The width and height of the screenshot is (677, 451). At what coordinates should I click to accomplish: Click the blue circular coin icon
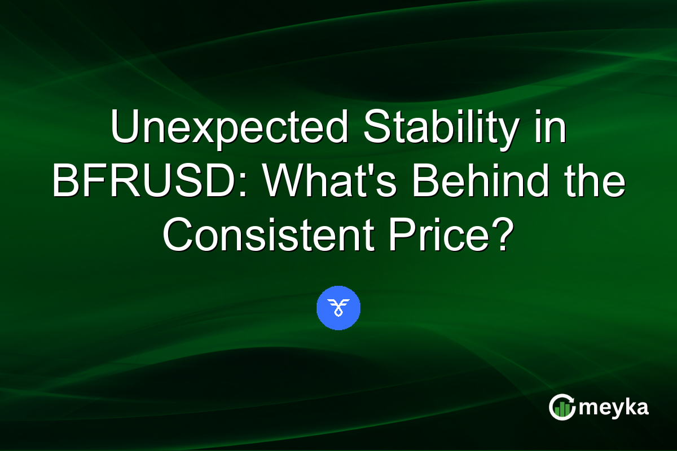(338, 308)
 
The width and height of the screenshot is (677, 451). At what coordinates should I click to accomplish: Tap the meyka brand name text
(613, 408)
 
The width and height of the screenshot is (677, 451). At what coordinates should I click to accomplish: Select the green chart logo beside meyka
(561, 407)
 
